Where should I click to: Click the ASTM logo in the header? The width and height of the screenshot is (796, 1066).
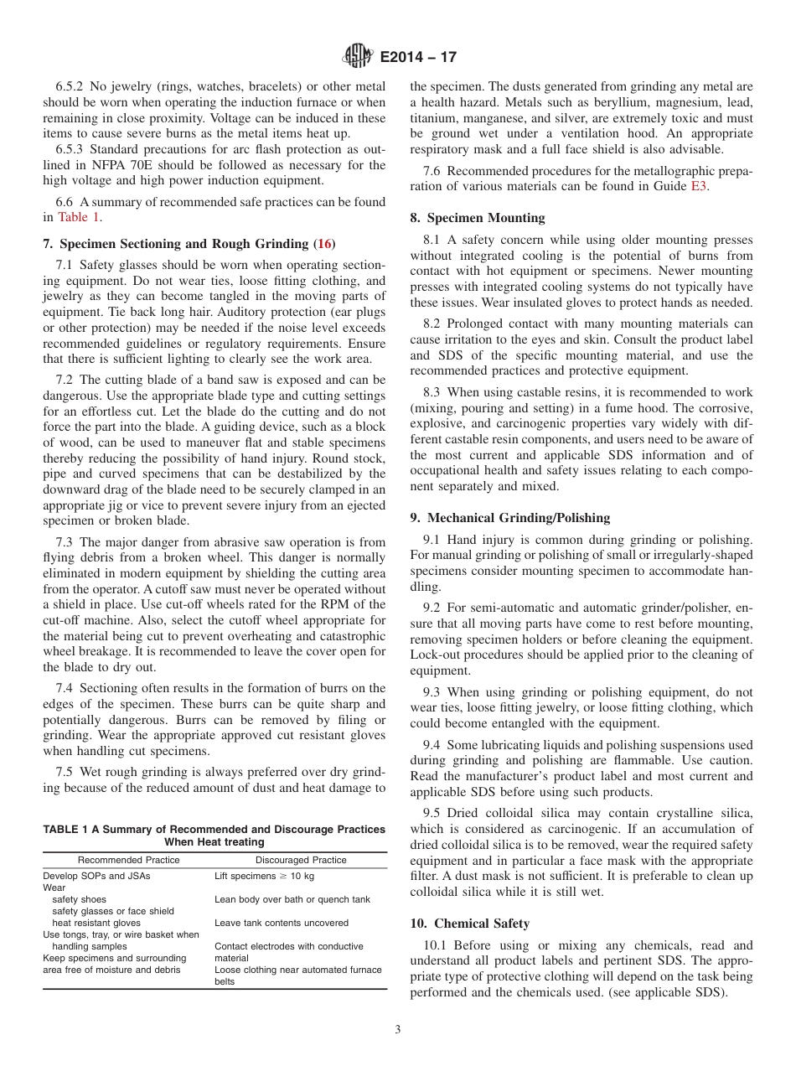[x=357, y=57]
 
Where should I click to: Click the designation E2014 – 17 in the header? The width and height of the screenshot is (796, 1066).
[x=418, y=58]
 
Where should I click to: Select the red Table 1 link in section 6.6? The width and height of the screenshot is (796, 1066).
[x=79, y=217]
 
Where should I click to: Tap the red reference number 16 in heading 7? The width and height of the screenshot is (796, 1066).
[x=324, y=244]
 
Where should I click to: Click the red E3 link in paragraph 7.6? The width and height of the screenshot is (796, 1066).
[x=699, y=187]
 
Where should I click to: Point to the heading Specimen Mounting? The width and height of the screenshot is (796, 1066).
[x=486, y=218]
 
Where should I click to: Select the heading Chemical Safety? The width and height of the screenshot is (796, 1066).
[x=478, y=924]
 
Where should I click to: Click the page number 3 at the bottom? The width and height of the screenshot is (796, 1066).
[x=398, y=1030]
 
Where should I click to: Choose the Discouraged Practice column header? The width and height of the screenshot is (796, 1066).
[x=301, y=860]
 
